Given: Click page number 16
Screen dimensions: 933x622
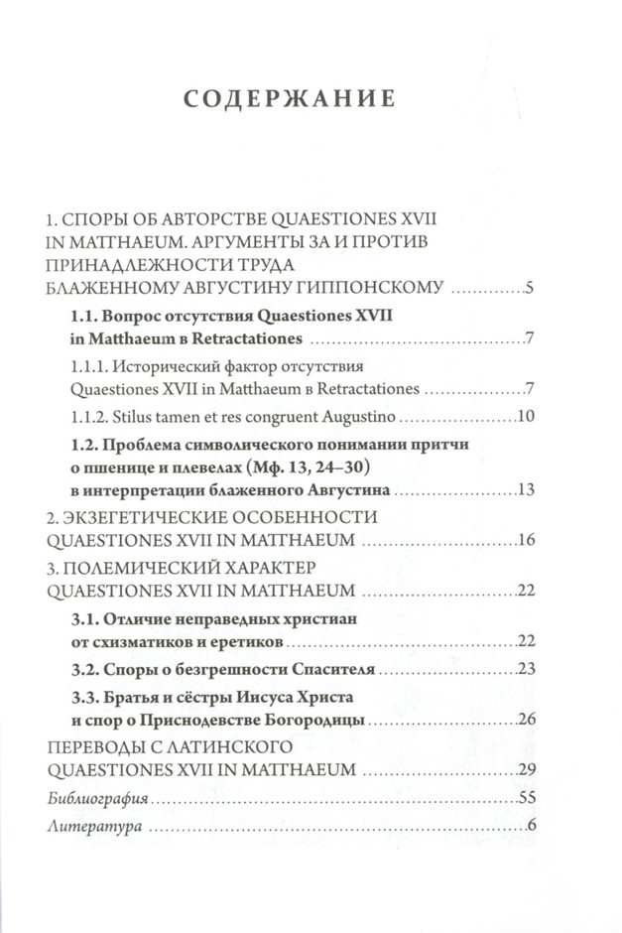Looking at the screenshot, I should pos(527,541).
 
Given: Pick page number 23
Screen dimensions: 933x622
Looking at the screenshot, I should pos(527,667).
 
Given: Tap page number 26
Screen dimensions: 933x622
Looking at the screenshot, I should pos(527,719).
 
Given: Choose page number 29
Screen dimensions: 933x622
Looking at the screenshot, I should pos(527,769).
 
